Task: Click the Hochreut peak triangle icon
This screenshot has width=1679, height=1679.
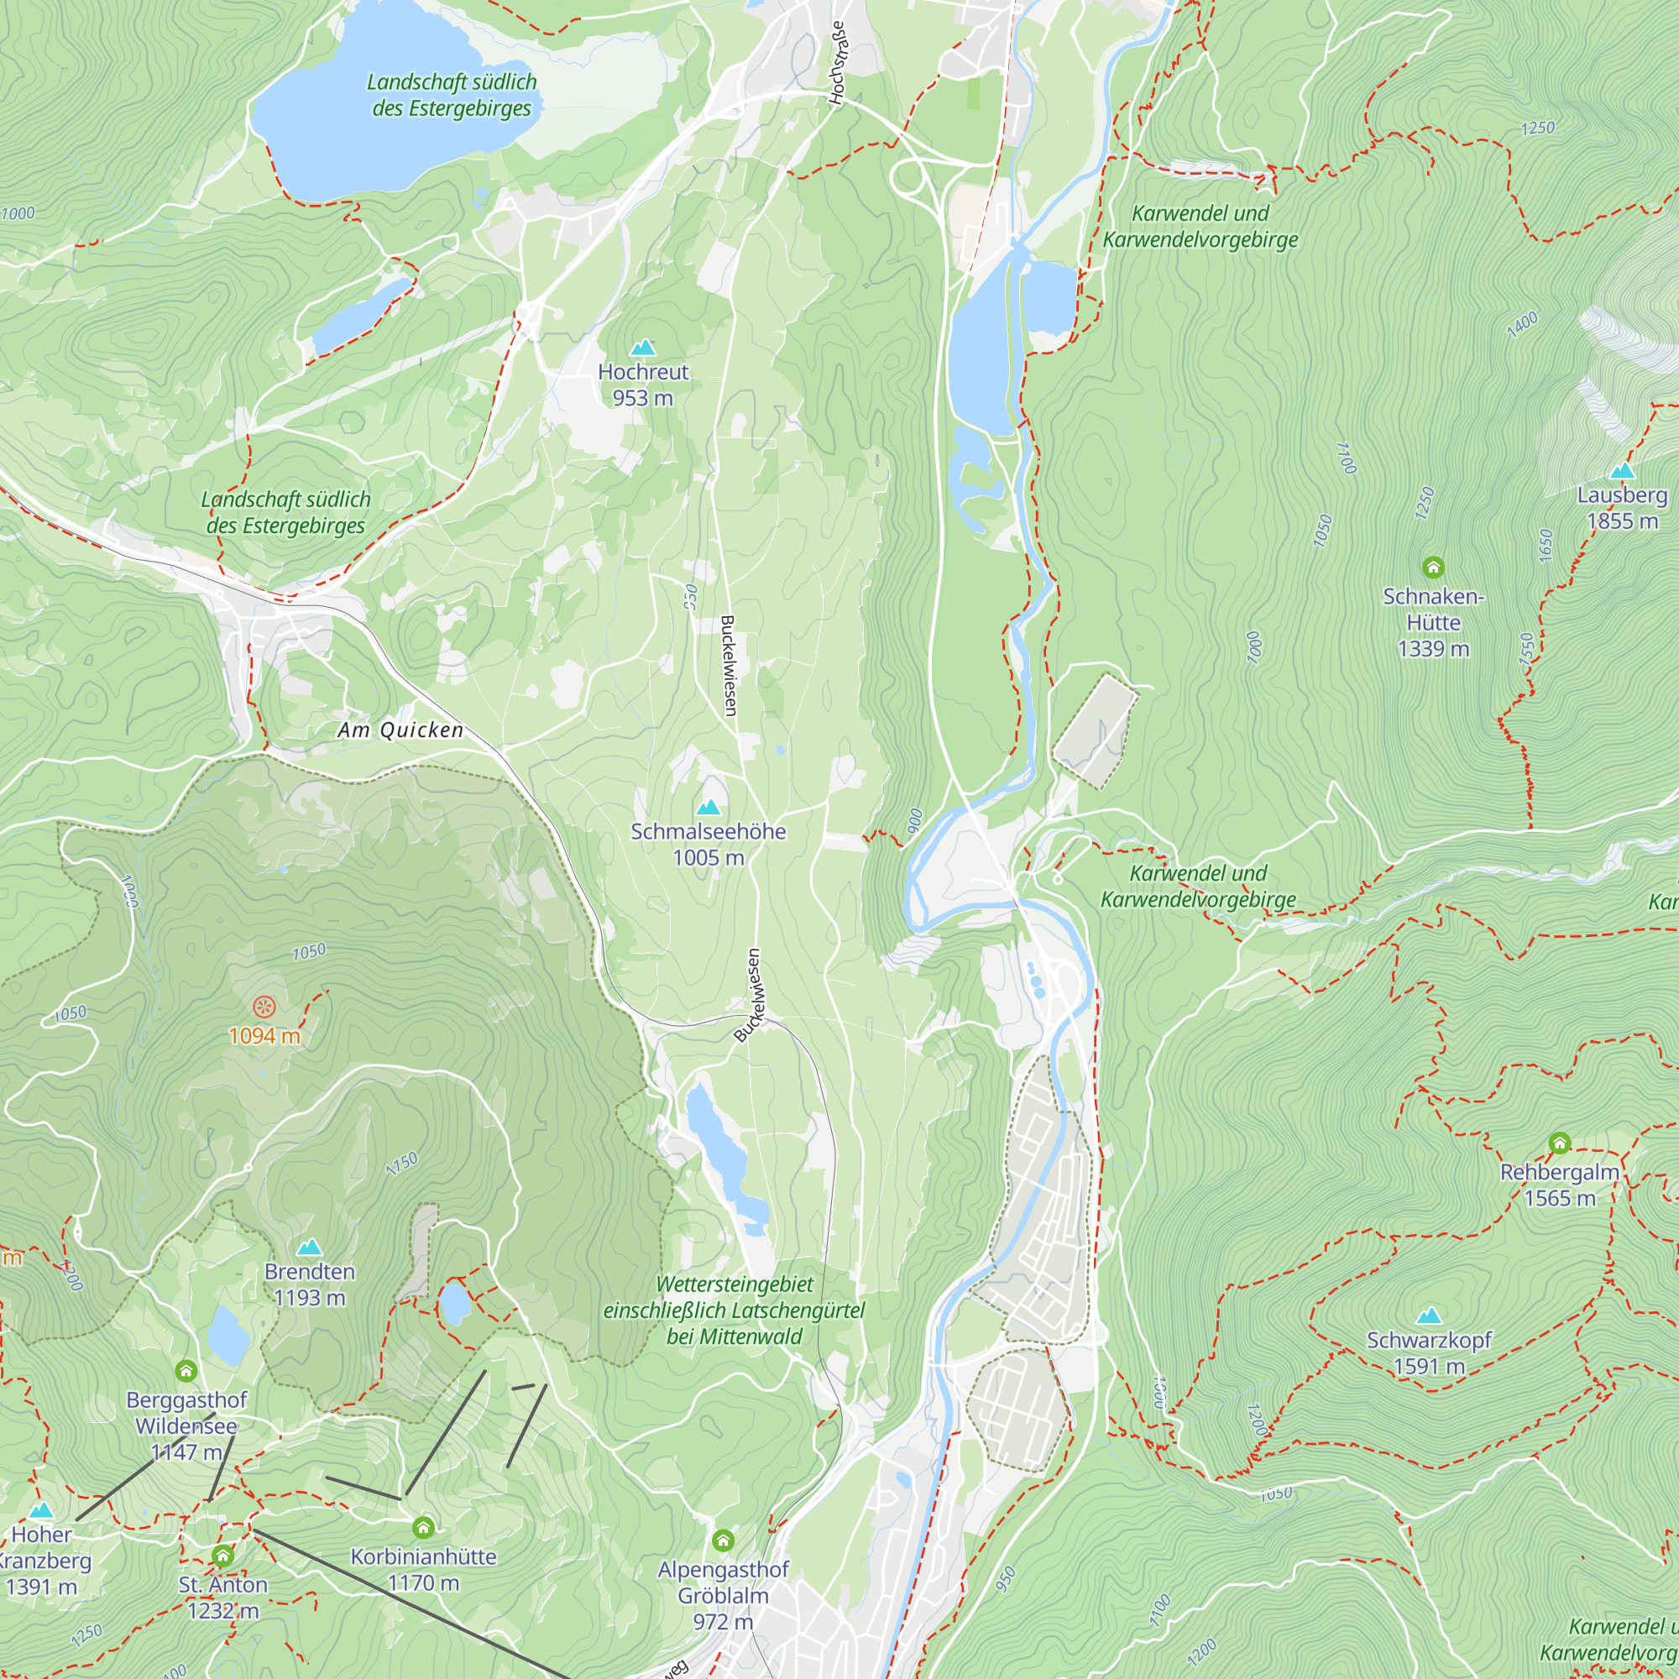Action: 642,348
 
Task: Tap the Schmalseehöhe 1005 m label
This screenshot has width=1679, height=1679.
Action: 709,844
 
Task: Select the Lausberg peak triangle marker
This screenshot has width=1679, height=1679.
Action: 1622,471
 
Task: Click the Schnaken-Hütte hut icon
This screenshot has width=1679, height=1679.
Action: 1433,568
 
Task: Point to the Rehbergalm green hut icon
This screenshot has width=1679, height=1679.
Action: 1559,1143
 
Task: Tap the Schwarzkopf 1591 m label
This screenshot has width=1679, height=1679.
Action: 1429,1353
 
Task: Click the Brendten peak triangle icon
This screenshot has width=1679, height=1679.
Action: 310,1248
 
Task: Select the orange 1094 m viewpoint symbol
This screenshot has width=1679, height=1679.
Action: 264,1007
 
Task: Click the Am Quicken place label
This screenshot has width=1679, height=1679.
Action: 400,730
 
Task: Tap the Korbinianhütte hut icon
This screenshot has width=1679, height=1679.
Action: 423,1527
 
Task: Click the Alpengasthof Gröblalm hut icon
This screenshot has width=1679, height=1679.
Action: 723,1540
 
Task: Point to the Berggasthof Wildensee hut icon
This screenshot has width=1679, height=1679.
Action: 186,1371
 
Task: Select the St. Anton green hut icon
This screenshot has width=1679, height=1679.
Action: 222,1556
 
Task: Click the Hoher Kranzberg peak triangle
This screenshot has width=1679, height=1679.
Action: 41,1509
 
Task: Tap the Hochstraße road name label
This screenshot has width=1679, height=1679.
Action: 837,64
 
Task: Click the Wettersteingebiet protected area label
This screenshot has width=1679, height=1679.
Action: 735,1310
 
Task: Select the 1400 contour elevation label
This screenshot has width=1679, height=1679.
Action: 1522,324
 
